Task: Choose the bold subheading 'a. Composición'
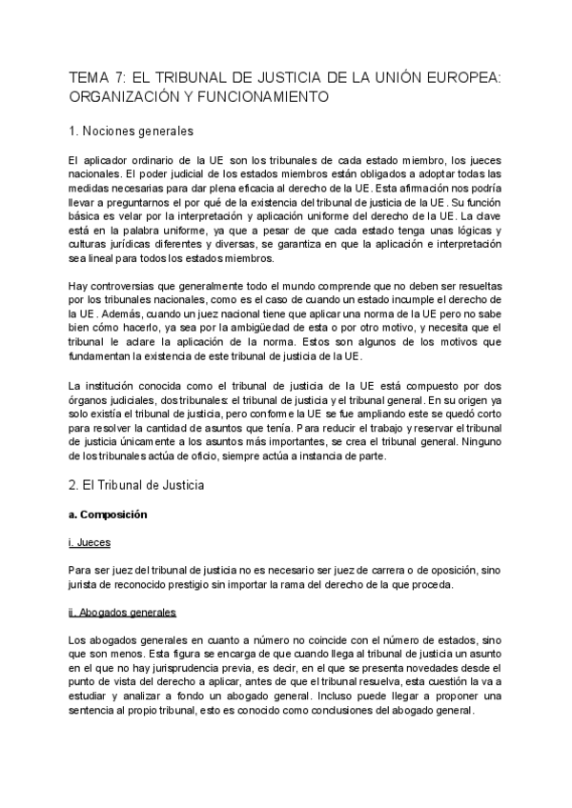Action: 109,515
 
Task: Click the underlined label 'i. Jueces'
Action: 91,542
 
